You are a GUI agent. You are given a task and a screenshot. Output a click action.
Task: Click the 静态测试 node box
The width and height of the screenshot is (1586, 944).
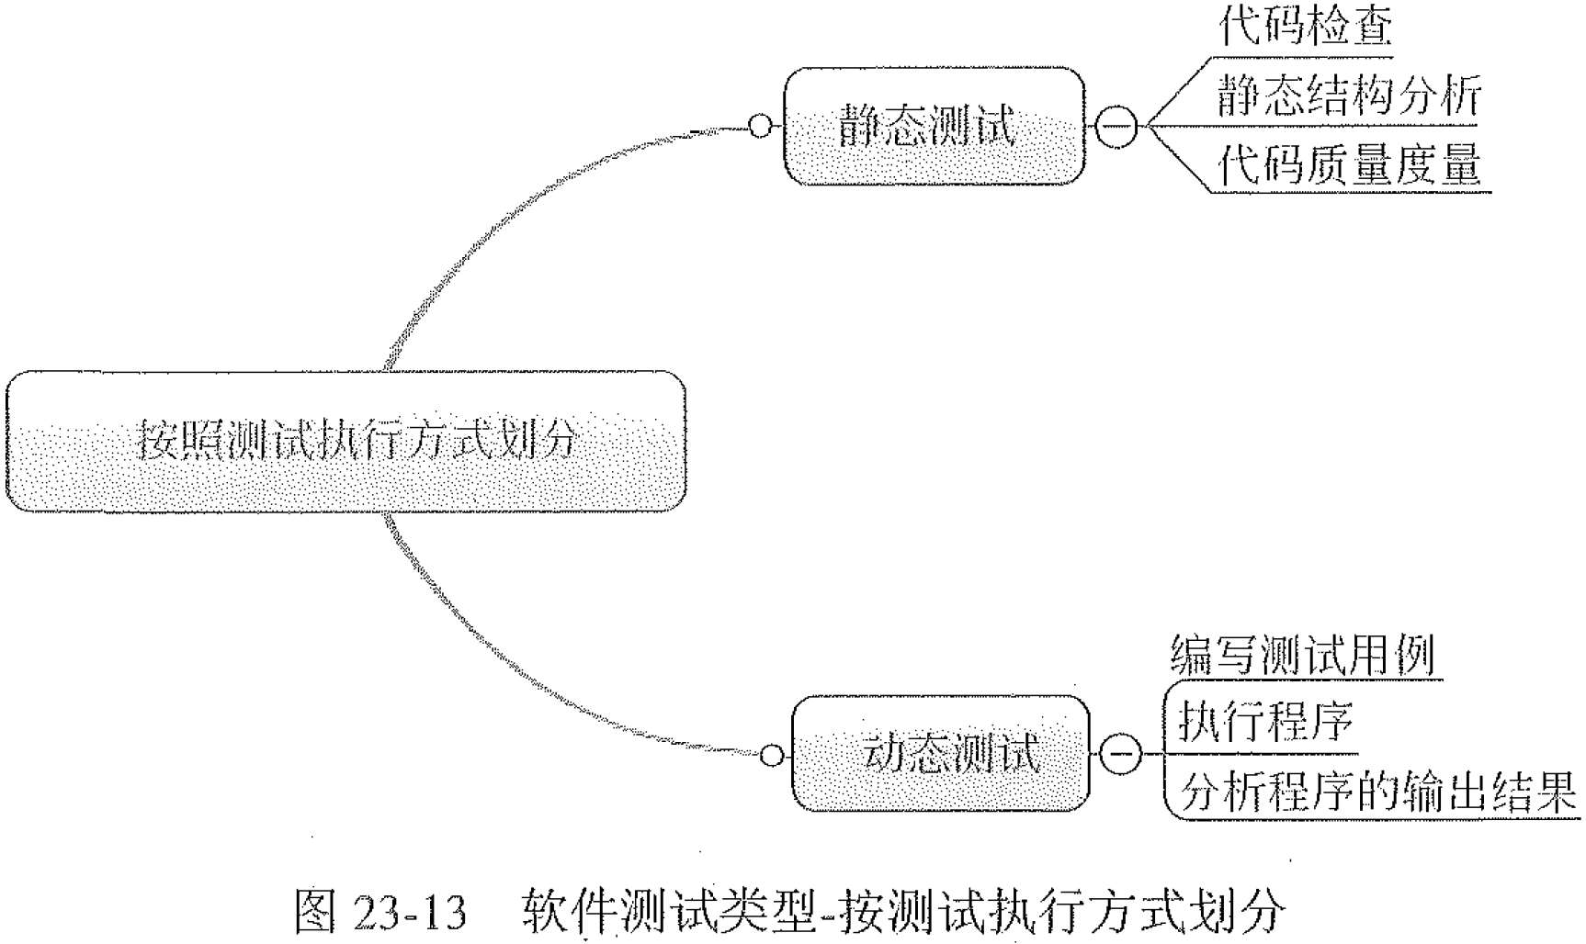(934, 126)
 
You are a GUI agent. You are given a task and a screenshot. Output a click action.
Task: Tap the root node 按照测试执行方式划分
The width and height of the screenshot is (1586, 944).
(346, 441)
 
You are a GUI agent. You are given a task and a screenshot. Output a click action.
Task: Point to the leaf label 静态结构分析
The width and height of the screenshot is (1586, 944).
(1348, 95)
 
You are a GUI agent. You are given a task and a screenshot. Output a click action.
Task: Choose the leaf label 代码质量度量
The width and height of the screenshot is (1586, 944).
(1348, 164)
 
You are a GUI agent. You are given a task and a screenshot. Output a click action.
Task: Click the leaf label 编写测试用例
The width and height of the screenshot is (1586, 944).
(1301, 656)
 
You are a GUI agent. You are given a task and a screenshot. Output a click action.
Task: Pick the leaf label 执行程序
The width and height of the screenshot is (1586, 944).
(1265, 721)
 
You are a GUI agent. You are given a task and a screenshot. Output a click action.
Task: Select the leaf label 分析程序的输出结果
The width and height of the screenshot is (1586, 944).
(1376, 791)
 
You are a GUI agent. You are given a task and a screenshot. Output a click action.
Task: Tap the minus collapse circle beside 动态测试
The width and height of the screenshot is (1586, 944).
(1119, 755)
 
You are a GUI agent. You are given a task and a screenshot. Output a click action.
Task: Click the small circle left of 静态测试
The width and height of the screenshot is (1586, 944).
(761, 126)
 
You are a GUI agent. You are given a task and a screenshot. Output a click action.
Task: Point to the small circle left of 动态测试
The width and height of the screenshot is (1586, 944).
(773, 755)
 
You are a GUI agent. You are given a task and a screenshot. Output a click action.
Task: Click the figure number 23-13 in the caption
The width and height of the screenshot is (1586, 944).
(409, 912)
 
